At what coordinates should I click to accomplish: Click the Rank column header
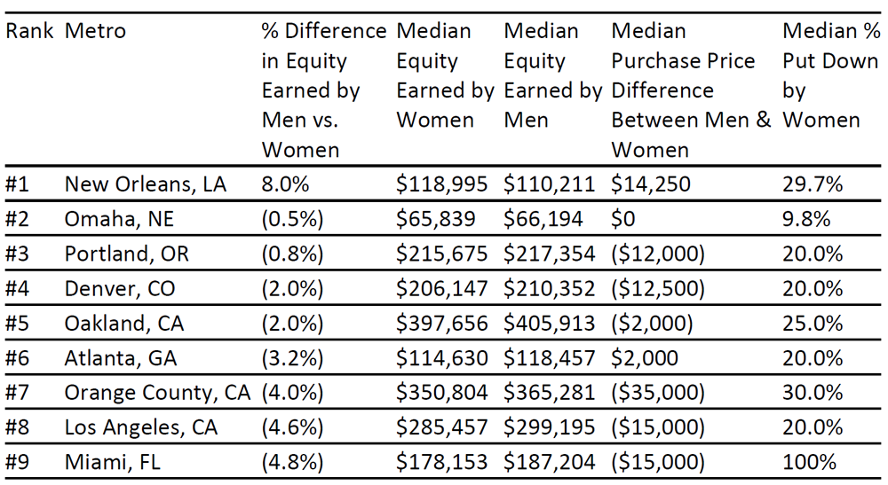tap(29, 30)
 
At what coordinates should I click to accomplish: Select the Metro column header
tap(95, 30)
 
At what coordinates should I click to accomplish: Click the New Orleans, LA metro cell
tap(146, 184)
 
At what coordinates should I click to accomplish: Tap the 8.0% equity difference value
tap(285, 184)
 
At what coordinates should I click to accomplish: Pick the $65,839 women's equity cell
tap(435, 219)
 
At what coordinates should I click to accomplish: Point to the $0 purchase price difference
tap(623, 219)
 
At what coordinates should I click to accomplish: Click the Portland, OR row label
tap(126, 254)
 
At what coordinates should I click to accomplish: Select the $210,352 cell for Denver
tap(550, 289)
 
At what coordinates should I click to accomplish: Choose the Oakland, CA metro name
tap(124, 324)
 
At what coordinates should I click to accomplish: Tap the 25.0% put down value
tap(813, 324)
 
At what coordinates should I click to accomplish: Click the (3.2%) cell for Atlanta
tap(292, 358)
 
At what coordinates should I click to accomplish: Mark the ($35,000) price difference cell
tap(658, 393)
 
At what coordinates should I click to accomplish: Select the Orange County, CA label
tap(157, 393)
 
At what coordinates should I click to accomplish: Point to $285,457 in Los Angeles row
tap(441, 428)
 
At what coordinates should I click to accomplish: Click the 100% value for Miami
tap(809, 462)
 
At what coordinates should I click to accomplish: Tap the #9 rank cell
tap(17, 462)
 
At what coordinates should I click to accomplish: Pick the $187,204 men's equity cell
tap(550, 462)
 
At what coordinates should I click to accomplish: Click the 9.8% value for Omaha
tap(806, 219)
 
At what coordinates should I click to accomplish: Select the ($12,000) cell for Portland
tap(658, 254)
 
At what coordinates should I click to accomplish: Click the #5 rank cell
tap(17, 324)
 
